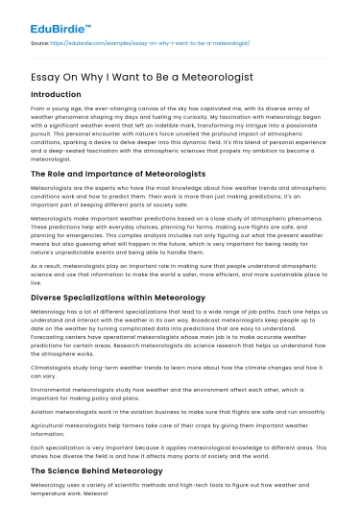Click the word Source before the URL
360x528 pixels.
click(39, 43)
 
